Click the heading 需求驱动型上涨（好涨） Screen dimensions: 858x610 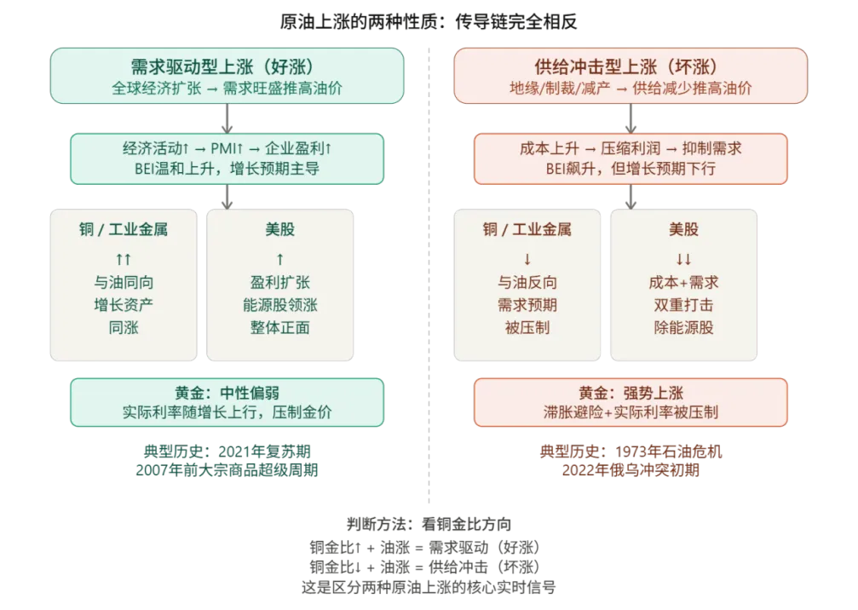click(226, 66)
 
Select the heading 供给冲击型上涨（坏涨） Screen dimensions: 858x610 click(631, 66)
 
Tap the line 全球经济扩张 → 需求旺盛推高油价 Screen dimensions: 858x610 click(226, 88)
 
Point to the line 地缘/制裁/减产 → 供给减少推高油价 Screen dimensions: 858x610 click(631, 88)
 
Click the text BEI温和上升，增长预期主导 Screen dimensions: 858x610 click(227, 169)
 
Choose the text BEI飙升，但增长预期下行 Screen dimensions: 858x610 click(631, 169)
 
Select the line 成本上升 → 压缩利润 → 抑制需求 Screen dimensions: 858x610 click(631, 148)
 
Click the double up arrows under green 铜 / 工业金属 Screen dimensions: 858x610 click(124, 259)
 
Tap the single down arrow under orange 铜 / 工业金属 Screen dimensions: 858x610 click(527, 259)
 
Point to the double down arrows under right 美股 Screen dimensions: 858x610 click(683, 259)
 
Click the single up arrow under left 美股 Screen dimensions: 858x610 click(279, 259)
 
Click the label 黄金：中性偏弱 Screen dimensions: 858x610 click(227, 393)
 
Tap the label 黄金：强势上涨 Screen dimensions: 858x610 click(631, 393)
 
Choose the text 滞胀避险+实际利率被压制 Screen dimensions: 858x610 click(631, 412)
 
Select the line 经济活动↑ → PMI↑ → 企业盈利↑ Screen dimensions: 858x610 click(227, 148)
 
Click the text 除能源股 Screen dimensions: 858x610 click(683, 327)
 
